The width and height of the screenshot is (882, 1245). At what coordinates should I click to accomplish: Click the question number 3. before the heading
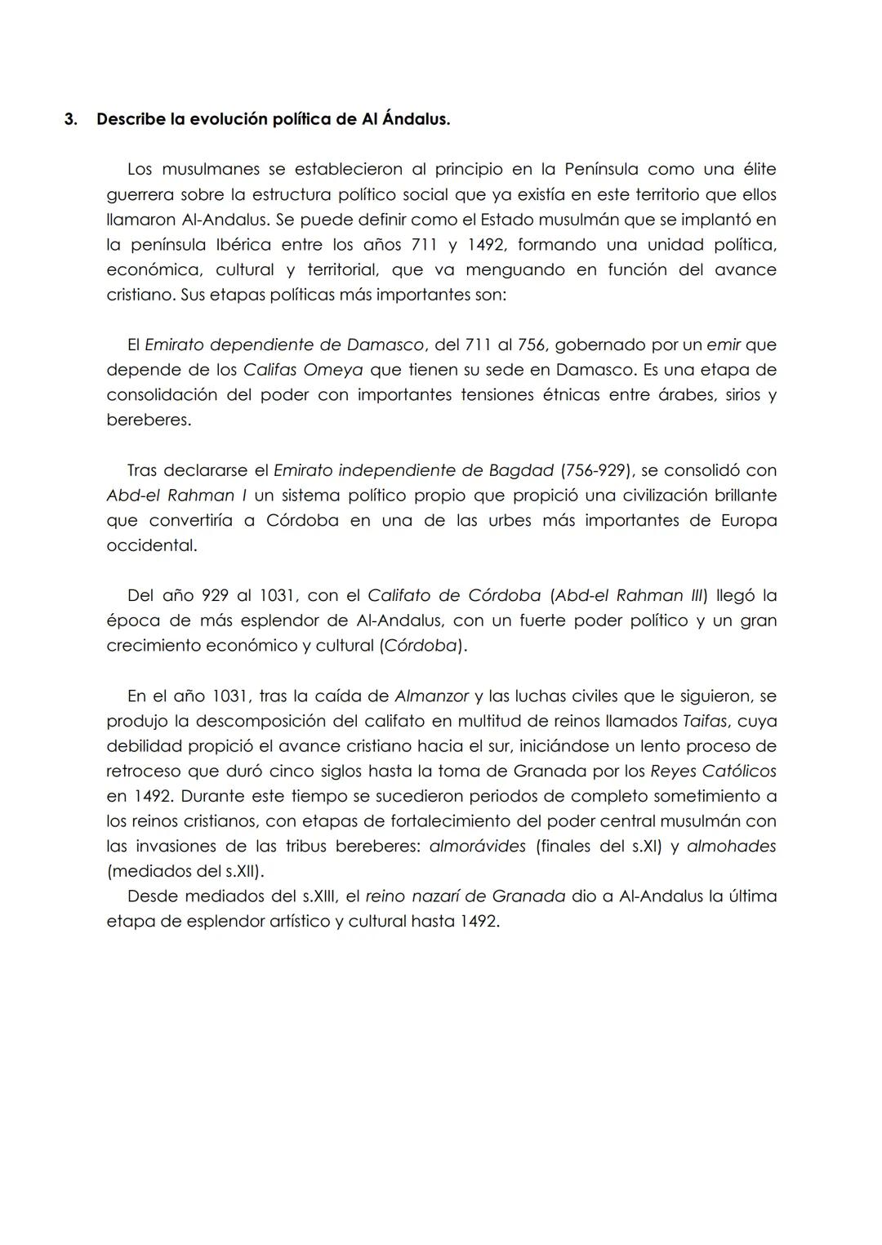click(x=70, y=119)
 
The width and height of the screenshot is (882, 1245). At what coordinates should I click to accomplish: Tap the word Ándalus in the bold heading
click(x=416, y=119)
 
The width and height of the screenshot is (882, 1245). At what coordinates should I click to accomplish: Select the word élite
click(x=756, y=170)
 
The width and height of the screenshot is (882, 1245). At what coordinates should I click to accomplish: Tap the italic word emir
click(x=723, y=345)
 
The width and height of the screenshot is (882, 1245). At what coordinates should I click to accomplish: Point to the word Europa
click(x=748, y=521)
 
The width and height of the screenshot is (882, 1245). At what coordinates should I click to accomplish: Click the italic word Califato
click(x=401, y=595)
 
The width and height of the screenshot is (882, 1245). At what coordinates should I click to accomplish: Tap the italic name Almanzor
click(x=431, y=696)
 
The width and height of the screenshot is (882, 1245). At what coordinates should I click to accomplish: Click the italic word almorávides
click(x=477, y=847)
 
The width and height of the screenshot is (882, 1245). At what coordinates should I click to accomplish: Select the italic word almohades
click(x=731, y=847)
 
